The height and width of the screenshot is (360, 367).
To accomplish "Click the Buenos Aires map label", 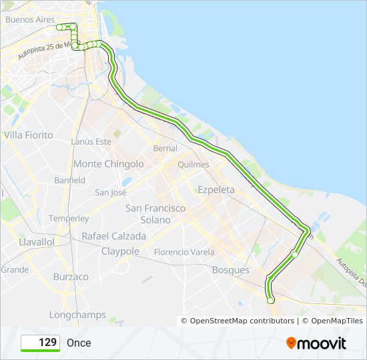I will tap(30, 19).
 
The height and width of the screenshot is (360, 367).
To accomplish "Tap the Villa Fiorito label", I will tap(28, 135).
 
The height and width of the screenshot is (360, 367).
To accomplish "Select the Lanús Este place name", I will tap(91, 141).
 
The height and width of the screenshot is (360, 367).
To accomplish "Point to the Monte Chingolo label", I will tap(108, 164).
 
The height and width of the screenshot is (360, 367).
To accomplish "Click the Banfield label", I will tap(70, 181).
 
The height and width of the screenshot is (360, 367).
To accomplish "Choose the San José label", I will tap(111, 193).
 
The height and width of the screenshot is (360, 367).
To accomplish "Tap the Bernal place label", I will tap(165, 148).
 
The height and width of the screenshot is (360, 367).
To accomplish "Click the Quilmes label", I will tap(194, 164).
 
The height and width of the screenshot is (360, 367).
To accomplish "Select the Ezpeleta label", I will tap(216, 190).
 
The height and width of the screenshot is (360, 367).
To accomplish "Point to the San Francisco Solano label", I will tap(155, 213).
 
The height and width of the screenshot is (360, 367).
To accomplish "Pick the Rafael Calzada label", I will tap(113, 236).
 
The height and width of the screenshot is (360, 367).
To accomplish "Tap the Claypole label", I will tap(120, 251).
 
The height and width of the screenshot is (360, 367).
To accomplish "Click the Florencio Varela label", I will tap(184, 252).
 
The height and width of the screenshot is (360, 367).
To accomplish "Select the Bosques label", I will tap(230, 270).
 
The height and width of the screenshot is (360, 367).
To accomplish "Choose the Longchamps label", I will tap(77, 315).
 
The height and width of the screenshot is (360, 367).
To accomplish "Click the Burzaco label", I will tap(71, 277).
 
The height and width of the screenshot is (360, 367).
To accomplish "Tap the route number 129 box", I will tap(41, 343).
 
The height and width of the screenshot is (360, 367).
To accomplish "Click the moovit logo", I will tap(316, 343).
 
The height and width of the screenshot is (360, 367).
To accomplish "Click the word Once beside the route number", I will tap(79, 343).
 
